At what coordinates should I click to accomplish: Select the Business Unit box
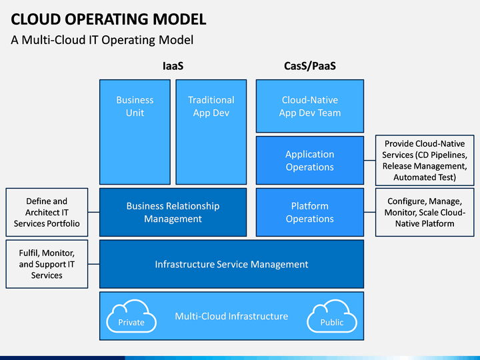[x=135, y=132]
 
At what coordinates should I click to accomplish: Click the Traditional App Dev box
[x=211, y=132]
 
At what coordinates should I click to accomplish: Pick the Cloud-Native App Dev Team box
[x=310, y=106]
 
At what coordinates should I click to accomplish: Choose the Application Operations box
[x=310, y=161]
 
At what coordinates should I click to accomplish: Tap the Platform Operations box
[x=310, y=212]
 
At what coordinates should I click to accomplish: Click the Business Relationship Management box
[x=173, y=212]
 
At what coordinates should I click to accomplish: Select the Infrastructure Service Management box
[x=232, y=264]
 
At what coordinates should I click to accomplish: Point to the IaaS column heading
[x=173, y=66]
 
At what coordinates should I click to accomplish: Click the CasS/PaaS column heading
[x=310, y=66]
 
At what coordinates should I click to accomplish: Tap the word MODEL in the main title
[x=179, y=19]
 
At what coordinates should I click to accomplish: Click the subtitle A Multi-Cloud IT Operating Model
[x=102, y=40]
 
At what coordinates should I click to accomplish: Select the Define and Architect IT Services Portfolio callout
[x=47, y=212]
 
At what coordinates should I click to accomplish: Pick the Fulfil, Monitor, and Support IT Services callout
[x=47, y=264]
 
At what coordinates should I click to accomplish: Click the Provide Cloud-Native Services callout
[x=425, y=161]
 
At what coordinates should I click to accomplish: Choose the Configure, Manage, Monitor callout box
[x=425, y=212]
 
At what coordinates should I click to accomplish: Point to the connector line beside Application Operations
[x=370, y=160]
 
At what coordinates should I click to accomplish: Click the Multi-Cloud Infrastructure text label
[x=231, y=316]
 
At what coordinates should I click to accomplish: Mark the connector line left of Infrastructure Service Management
[x=94, y=264]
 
